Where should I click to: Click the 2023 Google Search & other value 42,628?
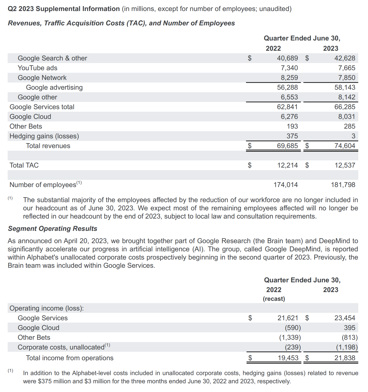pos(345,58)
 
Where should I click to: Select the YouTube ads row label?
pos(37,68)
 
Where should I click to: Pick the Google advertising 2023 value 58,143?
pos(345,87)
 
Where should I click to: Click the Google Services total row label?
pos(42,107)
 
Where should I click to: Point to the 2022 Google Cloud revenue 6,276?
pos(289,117)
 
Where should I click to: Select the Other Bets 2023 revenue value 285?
pos(350,126)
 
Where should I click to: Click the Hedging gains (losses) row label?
pos(44,136)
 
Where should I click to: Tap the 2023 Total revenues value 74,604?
pos(345,146)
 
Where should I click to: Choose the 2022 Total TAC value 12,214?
pos(288,165)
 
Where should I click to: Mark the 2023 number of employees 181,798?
pos(343,185)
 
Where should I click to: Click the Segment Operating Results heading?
pos(53,229)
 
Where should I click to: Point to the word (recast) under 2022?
pos(274,299)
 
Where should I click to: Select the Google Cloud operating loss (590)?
pos(293,328)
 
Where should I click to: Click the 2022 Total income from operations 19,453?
pos(288,358)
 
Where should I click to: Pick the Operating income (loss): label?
pos(47,308)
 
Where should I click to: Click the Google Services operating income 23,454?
pos(345,318)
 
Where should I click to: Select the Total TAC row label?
pos(24,165)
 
